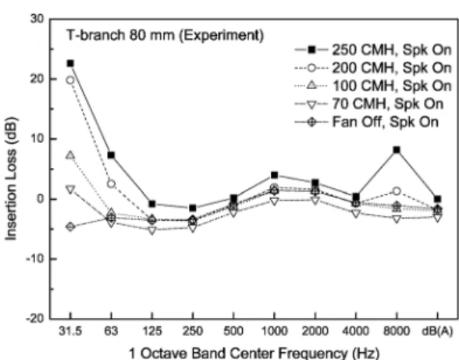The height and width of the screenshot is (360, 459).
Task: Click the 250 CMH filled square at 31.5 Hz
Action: point(70,63)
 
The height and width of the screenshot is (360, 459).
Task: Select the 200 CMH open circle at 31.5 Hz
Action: point(70,80)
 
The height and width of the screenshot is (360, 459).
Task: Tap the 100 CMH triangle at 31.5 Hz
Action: point(70,155)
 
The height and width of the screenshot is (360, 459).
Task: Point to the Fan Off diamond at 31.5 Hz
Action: point(70,226)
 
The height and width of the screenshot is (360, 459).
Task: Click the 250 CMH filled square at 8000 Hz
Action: point(397,150)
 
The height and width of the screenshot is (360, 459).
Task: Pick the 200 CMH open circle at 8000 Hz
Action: point(397,191)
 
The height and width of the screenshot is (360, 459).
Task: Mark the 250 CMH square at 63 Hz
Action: point(111,155)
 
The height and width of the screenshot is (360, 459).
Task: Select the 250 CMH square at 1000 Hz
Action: point(274,175)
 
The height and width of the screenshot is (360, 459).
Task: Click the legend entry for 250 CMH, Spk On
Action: point(373,50)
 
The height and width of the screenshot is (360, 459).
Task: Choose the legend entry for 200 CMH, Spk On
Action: point(373,68)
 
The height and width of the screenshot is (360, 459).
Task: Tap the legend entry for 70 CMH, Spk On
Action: point(368,104)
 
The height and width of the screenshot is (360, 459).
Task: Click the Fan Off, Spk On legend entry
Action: point(367,122)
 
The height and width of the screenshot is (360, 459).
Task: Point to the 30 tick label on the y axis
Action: point(37,19)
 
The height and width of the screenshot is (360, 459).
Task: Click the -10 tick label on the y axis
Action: point(35,259)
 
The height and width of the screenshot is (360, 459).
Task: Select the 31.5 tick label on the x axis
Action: point(70,331)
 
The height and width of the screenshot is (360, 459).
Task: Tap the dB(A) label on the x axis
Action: point(437,331)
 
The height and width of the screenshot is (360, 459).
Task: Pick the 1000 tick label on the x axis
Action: point(274,331)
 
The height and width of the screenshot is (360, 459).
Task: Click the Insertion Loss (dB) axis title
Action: point(11,178)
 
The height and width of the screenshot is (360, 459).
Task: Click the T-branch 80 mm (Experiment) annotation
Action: point(165,35)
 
